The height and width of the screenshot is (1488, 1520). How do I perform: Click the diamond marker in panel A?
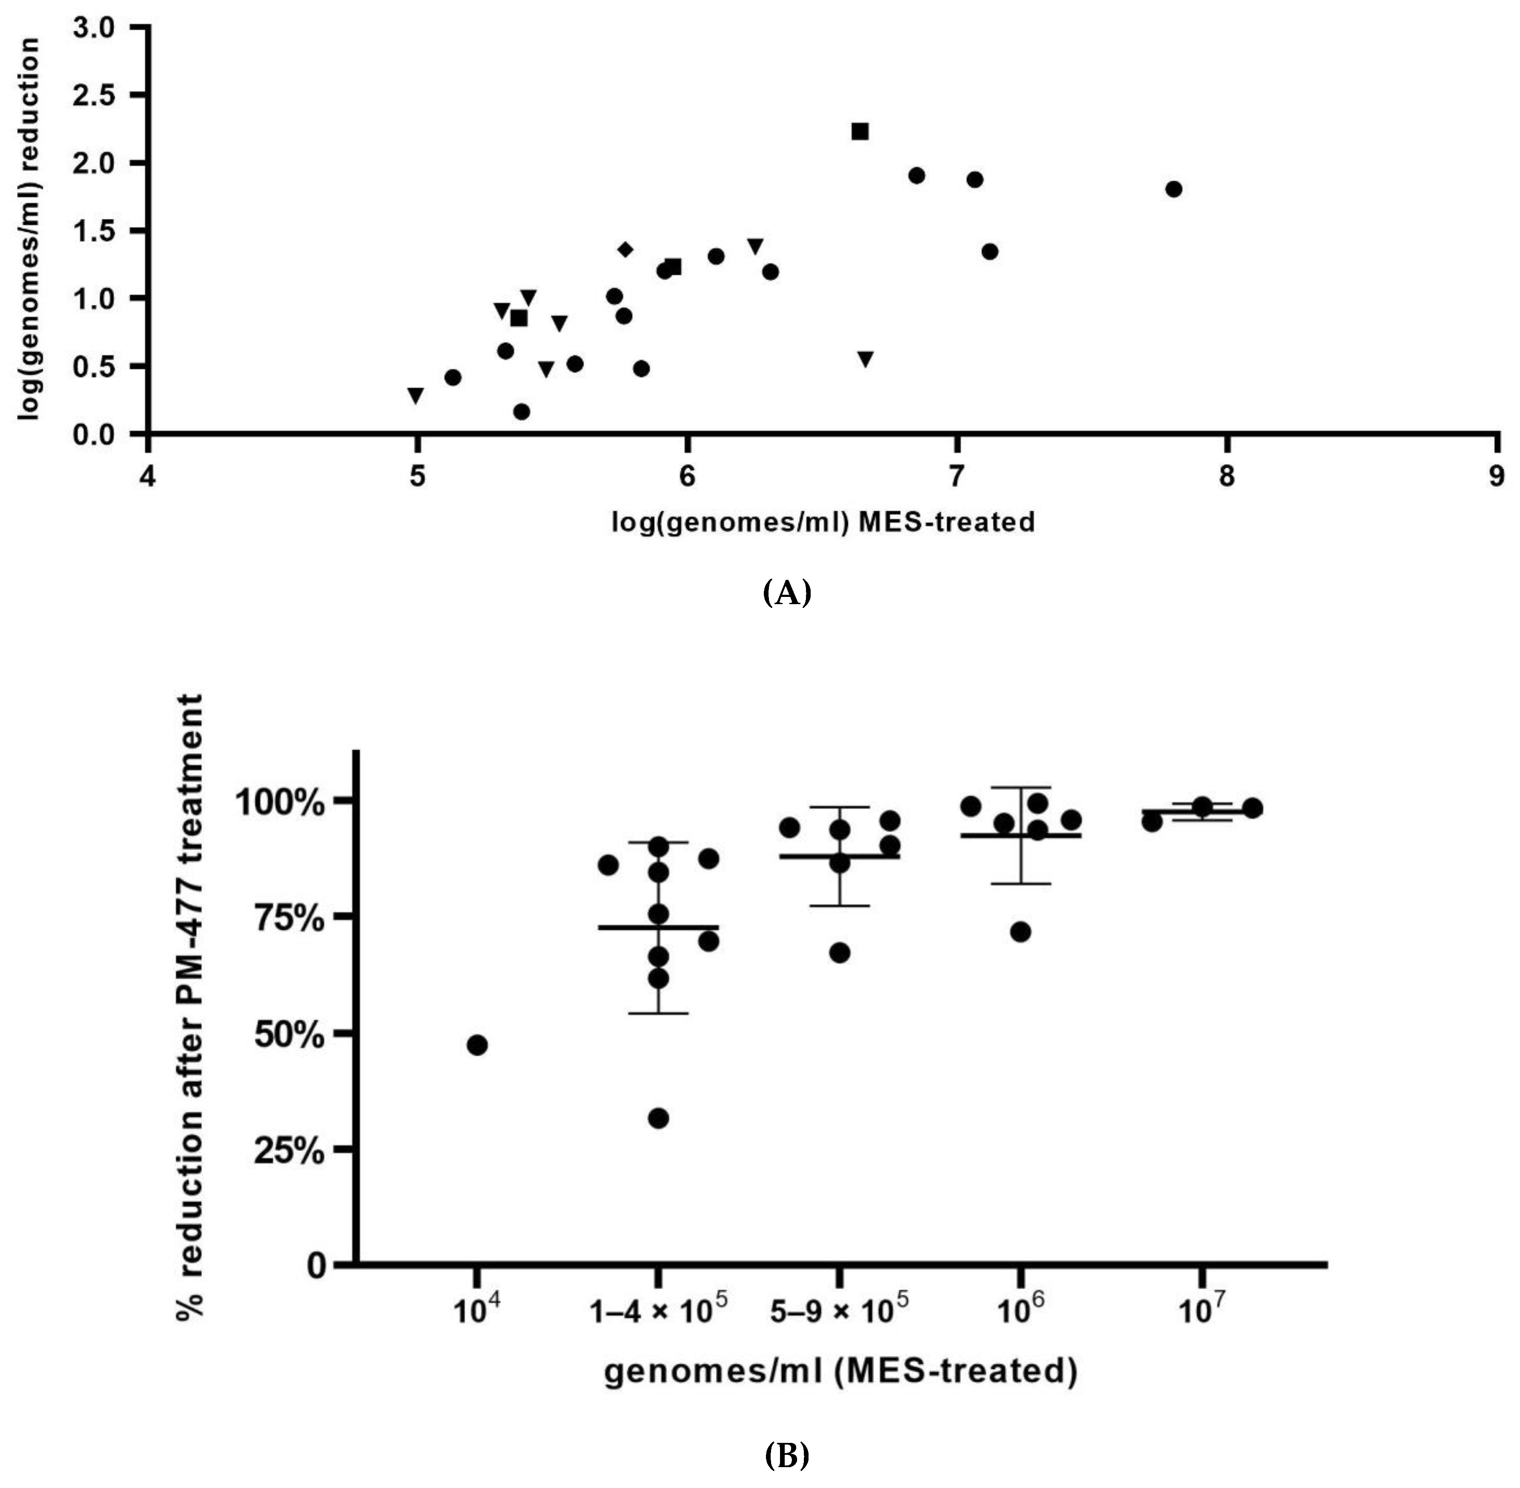point(625,249)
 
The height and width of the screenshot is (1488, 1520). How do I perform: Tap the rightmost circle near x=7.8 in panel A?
point(1173,189)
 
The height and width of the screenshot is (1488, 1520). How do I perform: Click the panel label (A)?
point(786,593)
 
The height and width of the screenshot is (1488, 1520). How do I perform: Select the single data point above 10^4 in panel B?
point(477,1045)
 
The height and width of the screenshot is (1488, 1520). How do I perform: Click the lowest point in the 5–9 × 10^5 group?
point(839,953)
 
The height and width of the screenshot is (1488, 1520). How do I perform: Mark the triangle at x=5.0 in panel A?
point(416,396)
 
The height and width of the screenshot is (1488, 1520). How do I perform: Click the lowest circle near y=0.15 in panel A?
point(521,411)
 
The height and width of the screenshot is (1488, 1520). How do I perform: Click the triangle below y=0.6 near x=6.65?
point(864,359)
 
